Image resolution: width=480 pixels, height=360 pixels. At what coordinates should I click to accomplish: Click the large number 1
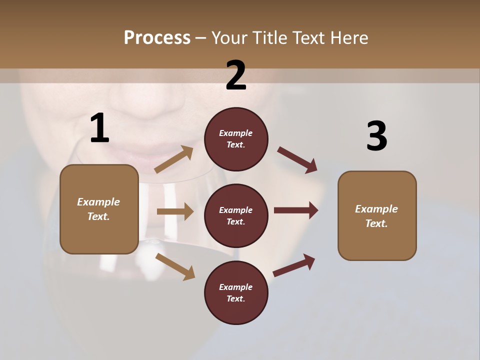[99, 128]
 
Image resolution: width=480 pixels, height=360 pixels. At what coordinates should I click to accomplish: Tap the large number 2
[236, 75]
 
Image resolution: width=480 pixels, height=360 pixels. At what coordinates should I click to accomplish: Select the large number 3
[376, 136]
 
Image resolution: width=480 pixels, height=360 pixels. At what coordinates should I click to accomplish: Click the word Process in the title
[157, 37]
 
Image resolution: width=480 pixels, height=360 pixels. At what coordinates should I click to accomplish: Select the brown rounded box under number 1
[99, 209]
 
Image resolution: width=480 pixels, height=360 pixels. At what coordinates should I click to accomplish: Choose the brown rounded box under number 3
[377, 216]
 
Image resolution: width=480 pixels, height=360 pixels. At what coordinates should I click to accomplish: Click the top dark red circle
[236, 139]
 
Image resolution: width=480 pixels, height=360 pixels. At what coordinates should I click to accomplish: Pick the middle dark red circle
[236, 215]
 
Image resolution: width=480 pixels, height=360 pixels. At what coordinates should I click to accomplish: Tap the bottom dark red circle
[236, 292]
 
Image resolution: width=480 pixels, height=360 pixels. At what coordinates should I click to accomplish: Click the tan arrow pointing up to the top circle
[174, 159]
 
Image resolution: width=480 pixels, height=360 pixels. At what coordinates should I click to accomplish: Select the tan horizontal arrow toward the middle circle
[175, 211]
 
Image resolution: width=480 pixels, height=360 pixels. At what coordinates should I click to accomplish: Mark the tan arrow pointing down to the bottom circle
[175, 266]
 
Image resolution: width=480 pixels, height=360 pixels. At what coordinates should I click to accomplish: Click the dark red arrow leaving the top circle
[297, 160]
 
